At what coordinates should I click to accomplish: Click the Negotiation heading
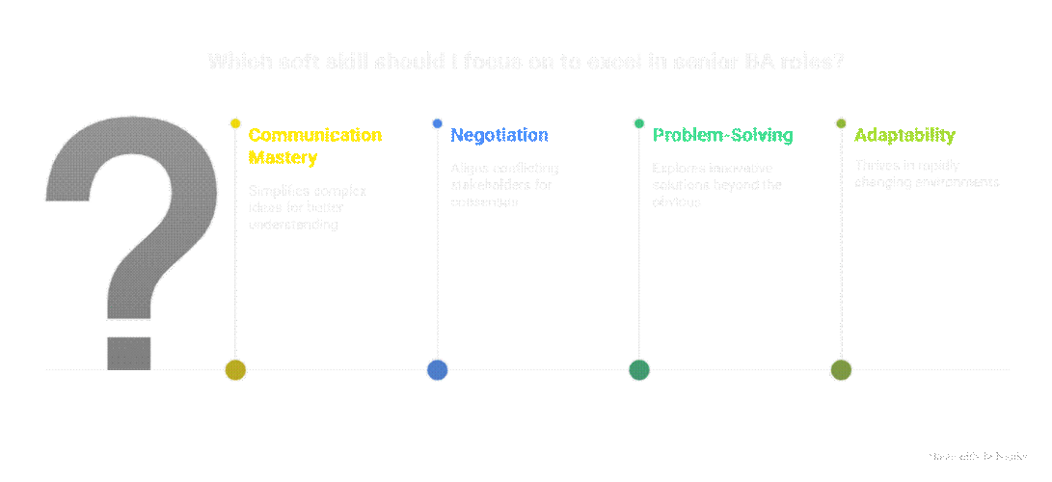pos(499,135)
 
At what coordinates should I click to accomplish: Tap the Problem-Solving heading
pos(722,135)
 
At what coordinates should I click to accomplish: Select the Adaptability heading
pos(904,135)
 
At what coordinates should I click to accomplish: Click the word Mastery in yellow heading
pos(283,157)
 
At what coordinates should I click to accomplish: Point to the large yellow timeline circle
pos(235,369)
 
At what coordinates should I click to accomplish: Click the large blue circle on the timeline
pos(437,369)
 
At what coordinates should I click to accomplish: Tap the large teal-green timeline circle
pos(638,369)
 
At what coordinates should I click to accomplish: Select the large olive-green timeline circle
pos(841,369)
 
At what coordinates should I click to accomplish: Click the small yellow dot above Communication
pos(235,123)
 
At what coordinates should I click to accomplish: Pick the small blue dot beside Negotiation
pos(437,123)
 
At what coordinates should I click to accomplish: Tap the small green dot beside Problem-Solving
pos(638,123)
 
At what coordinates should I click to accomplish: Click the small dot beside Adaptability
pos(841,123)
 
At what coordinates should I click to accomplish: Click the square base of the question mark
pos(128,352)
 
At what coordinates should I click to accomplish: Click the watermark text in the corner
pos(976,455)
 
